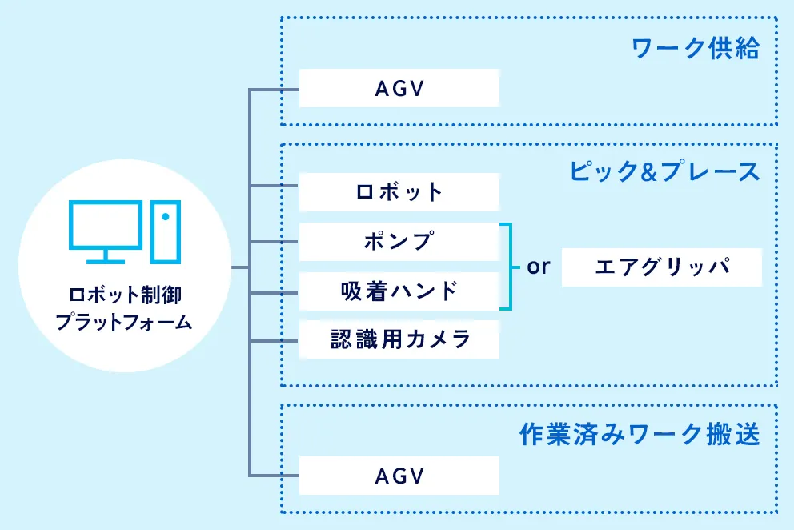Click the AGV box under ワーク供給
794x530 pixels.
click(x=399, y=88)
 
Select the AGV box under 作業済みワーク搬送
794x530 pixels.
click(x=399, y=476)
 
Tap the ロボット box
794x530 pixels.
click(x=399, y=192)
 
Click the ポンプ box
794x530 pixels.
click(x=399, y=241)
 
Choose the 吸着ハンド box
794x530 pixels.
click(x=399, y=291)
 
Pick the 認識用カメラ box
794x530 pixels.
click(x=399, y=339)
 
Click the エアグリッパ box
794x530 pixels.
click(x=661, y=267)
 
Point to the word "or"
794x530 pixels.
click(x=539, y=267)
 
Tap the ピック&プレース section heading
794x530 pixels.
click(x=664, y=171)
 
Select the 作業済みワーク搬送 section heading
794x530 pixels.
click(x=639, y=435)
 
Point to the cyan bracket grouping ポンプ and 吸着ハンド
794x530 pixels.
click(x=508, y=267)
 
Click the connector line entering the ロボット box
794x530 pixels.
click(x=275, y=187)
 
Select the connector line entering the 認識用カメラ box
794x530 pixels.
click(x=275, y=341)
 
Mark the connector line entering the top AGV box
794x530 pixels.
click(x=275, y=89)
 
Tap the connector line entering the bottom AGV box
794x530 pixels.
click(x=275, y=476)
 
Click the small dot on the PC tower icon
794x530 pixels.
click(x=165, y=216)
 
